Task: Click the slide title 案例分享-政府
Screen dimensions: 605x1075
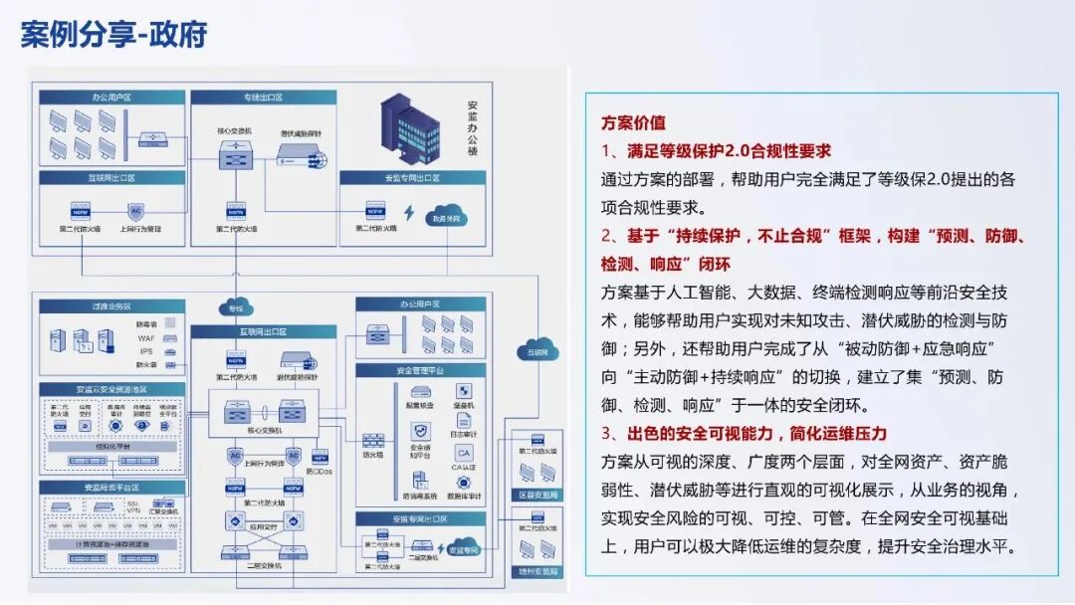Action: click(113, 34)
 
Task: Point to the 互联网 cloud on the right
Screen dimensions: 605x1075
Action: click(537, 351)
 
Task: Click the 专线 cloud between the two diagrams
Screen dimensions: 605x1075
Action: click(235, 307)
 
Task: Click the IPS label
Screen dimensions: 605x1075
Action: click(145, 351)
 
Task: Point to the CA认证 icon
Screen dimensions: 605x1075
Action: click(464, 454)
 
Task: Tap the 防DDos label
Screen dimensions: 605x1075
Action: click(319, 471)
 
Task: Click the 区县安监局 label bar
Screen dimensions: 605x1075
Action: click(537, 495)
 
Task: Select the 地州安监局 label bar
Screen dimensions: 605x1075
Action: click(537, 571)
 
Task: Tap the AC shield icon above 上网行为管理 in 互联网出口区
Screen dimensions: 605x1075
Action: click(137, 210)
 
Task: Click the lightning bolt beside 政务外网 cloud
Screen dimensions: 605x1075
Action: click(408, 213)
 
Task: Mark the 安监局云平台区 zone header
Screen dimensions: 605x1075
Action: click(111, 488)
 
